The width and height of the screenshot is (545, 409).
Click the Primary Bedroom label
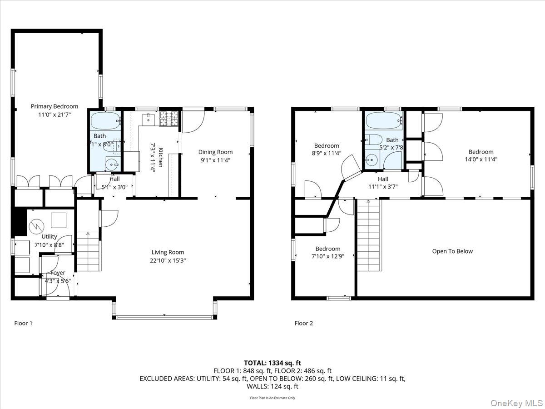pyautogui.click(x=54, y=106)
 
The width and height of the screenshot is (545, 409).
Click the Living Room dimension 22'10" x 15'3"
pyautogui.click(x=168, y=260)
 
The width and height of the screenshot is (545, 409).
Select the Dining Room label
pyautogui.click(x=215, y=152)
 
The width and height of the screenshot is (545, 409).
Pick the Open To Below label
pyautogui.click(x=452, y=251)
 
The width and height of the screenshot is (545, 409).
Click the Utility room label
pyautogui.click(x=49, y=236)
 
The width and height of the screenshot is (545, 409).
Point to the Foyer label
pyautogui.click(x=58, y=273)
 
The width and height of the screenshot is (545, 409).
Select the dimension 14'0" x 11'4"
pyautogui.click(x=481, y=160)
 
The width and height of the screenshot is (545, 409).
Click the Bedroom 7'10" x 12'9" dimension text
pyautogui.click(x=327, y=256)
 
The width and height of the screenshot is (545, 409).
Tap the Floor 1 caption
pyautogui.click(x=23, y=324)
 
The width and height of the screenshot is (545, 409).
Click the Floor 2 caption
pyautogui.click(x=304, y=324)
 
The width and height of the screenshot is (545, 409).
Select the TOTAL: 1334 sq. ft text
pyautogui.click(x=272, y=363)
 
